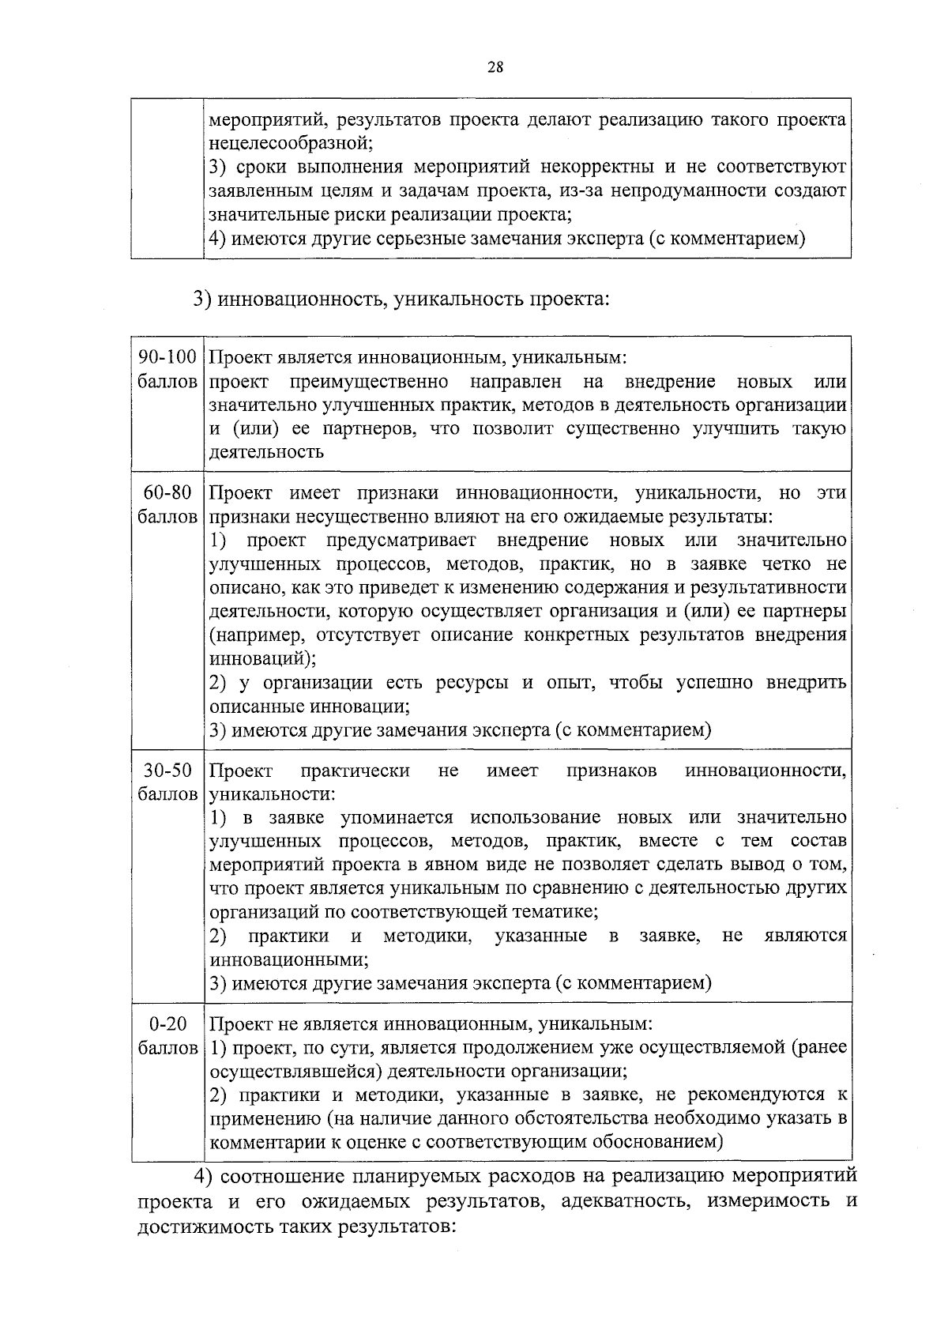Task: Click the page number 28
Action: [495, 67]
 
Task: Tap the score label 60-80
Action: [167, 493]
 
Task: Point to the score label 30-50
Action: [167, 771]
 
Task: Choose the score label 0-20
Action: [167, 1024]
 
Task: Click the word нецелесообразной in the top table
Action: [290, 144]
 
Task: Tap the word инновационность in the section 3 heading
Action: [301, 300]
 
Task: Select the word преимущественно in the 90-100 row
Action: [369, 383]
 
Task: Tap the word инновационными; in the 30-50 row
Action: [289, 960]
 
